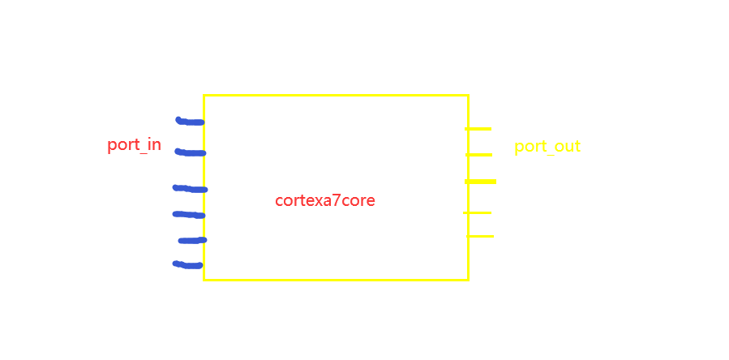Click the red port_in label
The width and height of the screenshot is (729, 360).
point(134,145)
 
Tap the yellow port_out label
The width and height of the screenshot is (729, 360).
point(547,147)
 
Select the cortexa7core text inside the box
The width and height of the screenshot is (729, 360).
point(325,200)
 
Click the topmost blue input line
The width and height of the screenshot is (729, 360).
point(190,122)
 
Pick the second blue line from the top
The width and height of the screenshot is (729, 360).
point(191,152)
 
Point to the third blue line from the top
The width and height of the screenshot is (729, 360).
point(190,189)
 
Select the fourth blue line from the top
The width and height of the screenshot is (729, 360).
point(189,215)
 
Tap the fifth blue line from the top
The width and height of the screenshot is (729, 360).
point(192,240)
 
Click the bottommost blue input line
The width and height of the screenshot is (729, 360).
point(188,264)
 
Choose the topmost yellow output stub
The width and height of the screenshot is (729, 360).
point(478,129)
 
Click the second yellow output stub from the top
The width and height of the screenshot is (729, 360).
point(478,155)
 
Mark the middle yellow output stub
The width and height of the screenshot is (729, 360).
point(480,182)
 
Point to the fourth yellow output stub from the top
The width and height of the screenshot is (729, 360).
point(478,212)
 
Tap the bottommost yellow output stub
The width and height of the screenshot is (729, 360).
point(480,236)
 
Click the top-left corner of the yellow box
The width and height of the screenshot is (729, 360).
point(204,96)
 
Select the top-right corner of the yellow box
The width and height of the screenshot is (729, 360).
point(468,96)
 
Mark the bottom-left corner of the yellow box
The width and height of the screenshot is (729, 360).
point(204,280)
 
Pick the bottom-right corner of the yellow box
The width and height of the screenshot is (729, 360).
point(468,280)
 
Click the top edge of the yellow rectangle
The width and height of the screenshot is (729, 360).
point(336,96)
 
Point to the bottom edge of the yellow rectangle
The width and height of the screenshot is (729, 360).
point(336,280)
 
